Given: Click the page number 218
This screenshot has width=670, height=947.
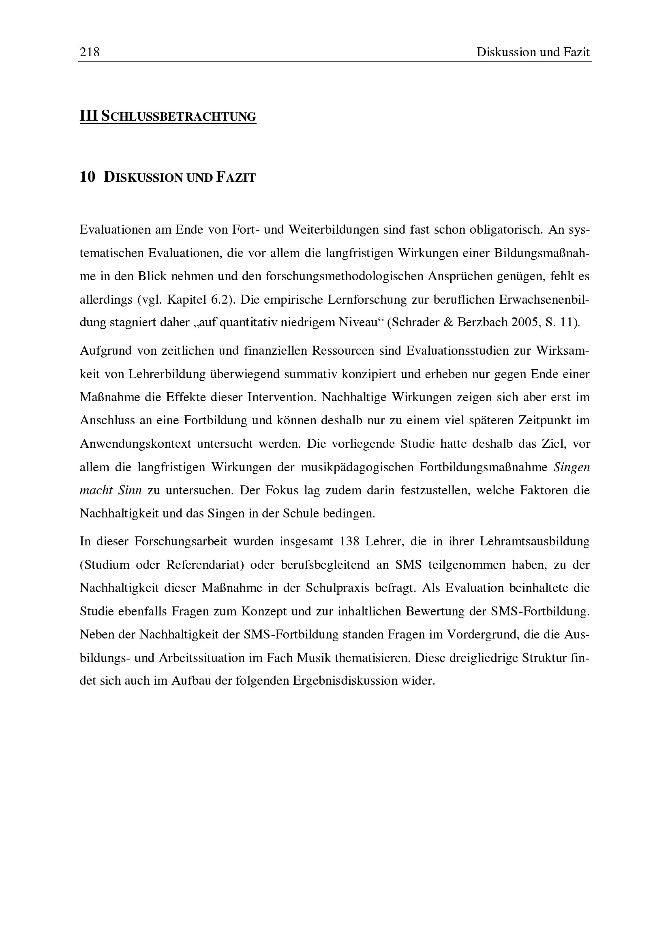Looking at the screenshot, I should pyautogui.click(x=90, y=52).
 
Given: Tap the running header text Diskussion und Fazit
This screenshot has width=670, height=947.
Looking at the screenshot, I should pyautogui.click(x=533, y=52).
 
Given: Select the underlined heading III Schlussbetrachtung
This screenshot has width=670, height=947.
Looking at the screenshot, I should pyautogui.click(x=168, y=116).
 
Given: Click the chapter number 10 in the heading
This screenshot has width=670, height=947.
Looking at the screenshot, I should pyautogui.click(x=88, y=177).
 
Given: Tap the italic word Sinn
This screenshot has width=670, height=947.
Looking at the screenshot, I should pyautogui.click(x=130, y=490).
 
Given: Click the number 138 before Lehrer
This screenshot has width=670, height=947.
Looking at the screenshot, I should pyautogui.click(x=349, y=541).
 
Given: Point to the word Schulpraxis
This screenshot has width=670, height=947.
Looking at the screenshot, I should pyautogui.click(x=338, y=587).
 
